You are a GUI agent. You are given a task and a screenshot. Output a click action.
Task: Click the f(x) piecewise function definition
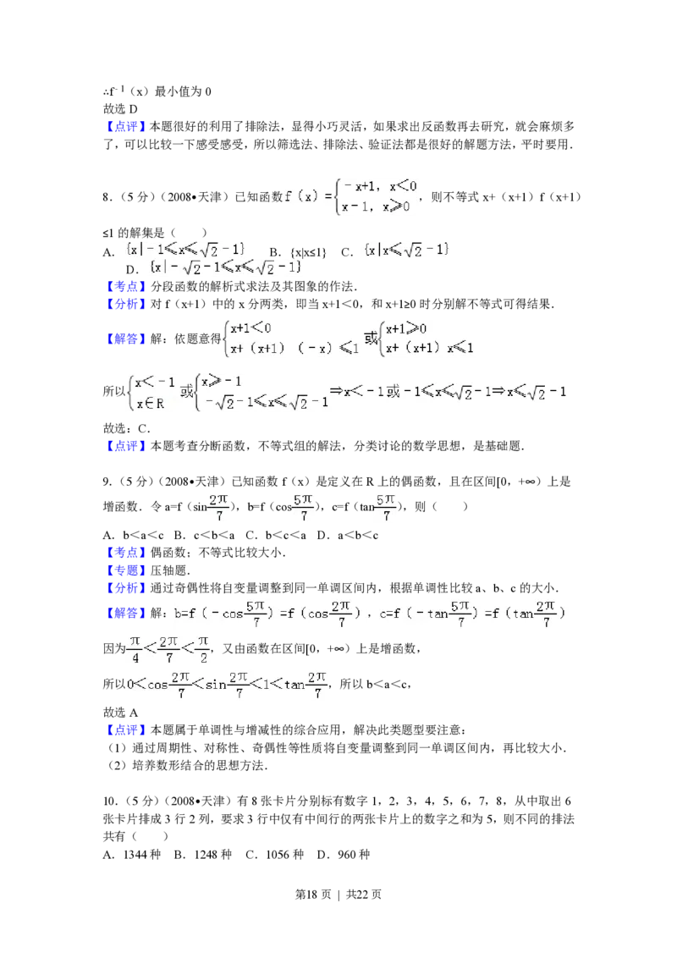tap(349, 196)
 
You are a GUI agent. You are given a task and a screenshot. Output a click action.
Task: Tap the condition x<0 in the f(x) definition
tap(403, 186)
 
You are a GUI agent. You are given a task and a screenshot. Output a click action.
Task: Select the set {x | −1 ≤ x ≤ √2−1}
tap(186, 249)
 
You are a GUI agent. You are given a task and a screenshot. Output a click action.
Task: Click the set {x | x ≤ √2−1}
tap(407, 250)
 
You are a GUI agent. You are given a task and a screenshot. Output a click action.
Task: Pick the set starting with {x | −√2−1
tap(226, 267)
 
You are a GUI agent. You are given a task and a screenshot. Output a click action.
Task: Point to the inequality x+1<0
tap(251, 328)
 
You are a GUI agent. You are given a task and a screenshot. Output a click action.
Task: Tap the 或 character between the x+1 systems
tap(371, 338)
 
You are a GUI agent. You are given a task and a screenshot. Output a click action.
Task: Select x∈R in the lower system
tap(150, 404)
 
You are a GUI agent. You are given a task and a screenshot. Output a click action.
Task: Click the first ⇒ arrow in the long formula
tap(335, 391)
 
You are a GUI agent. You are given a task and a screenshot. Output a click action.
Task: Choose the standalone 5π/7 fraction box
tap(386, 507)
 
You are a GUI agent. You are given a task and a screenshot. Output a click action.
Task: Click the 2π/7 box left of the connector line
tap(217, 507)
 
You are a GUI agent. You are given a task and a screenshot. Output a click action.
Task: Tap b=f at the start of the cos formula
tap(184, 613)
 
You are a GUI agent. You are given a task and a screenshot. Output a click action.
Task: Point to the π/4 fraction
tap(134, 648)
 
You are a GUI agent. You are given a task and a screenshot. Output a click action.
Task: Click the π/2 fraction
tap(203, 648)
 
